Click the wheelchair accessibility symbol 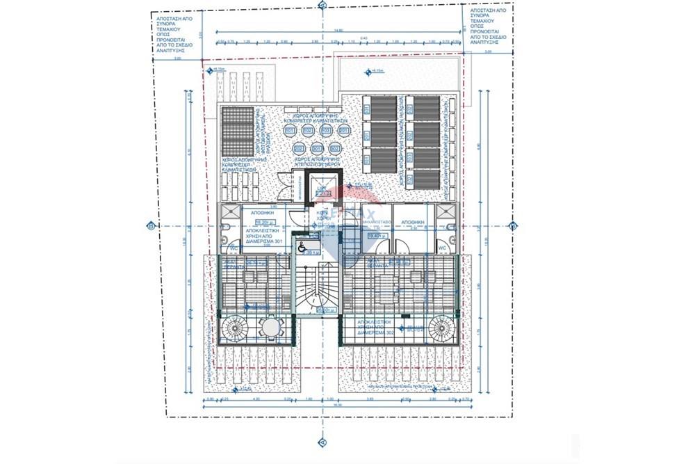(302, 246)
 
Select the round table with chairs (268, 327)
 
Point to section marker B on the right (513, 225)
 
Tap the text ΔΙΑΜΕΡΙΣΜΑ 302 (379, 333)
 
